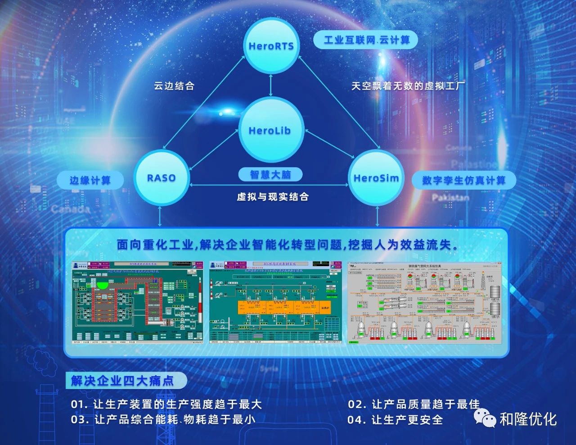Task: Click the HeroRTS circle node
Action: point(271,45)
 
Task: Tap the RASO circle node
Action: point(161,178)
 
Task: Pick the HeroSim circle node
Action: point(376,178)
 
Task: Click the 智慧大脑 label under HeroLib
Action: point(270,174)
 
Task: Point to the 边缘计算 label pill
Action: point(90,181)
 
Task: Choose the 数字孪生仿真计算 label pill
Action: point(463,181)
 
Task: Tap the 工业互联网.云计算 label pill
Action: point(366,40)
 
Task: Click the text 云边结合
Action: point(174,86)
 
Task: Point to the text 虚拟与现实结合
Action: point(273,196)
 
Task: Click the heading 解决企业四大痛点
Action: point(122,381)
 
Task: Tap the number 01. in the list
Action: point(79,404)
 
